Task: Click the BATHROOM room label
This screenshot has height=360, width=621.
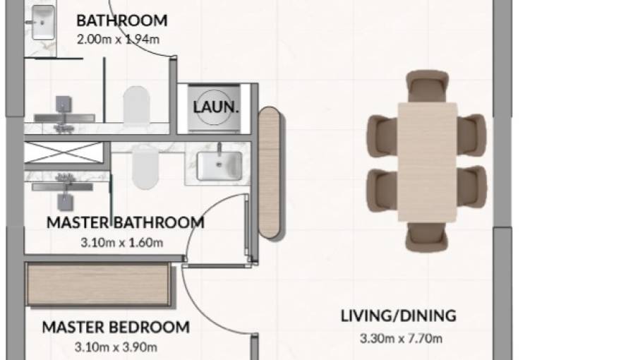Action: point(121,20)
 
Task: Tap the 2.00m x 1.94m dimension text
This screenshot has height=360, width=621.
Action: point(116,40)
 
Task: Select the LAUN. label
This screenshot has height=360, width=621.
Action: point(217,109)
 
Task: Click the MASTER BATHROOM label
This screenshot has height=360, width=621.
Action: point(125,223)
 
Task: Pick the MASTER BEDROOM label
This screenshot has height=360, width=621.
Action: point(116,328)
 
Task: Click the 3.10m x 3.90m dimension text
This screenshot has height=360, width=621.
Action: point(116,347)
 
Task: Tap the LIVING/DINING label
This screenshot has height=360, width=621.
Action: point(398,316)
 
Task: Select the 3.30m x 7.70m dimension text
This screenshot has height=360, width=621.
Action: point(401,339)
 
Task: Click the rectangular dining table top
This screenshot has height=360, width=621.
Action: point(427,161)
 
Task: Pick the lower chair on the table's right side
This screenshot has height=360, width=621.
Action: point(471,187)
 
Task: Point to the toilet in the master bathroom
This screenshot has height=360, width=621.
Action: point(145,167)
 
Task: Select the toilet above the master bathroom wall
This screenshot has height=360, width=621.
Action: point(137,107)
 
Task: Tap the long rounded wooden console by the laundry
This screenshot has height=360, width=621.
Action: point(269,172)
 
